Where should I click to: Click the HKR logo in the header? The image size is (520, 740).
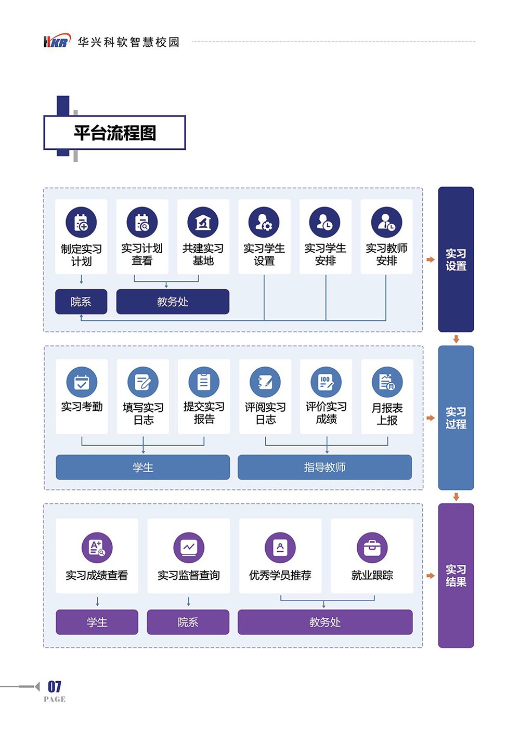pos(56,42)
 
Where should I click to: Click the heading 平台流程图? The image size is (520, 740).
pos(115,133)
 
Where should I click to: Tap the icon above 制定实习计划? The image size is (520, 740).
pos(81,222)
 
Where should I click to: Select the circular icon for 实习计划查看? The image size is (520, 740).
pos(142,222)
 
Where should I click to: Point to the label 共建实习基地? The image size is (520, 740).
pos(203,255)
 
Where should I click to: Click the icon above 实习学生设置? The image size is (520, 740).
pos(264,222)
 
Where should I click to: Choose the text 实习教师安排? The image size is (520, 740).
pos(386,255)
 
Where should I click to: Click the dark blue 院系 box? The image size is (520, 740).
pos(81,302)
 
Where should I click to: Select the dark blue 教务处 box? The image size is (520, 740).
pos(173,302)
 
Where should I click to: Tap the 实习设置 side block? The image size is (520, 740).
pos(456,259)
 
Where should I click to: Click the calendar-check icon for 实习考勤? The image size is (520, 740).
pos(82,382)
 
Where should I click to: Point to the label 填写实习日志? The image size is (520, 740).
pos(143,413)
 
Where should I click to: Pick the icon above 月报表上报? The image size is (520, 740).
pos(387,382)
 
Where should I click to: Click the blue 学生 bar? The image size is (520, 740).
pos(142,468)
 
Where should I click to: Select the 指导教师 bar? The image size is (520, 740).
pos(324,468)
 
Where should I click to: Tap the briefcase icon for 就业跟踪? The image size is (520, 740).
pos(372,548)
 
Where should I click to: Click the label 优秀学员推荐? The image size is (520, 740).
pos(280,576)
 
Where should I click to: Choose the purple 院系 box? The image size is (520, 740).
pos(188,622)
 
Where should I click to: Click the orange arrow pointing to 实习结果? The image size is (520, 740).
pos(431,576)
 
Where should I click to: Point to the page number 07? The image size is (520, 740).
pos(55,686)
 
